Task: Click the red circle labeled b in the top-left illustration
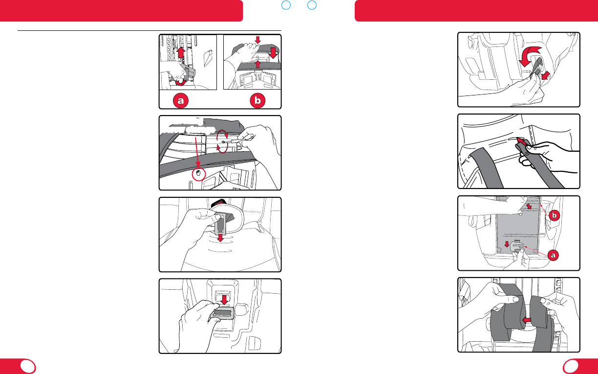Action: pyautogui.click(x=256, y=100)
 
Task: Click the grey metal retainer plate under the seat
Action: pyautogui.click(x=221, y=313)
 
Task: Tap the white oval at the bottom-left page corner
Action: pyautogui.click(x=28, y=366)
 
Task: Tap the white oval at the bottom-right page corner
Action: pyautogui.click(x=570, y=366)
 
